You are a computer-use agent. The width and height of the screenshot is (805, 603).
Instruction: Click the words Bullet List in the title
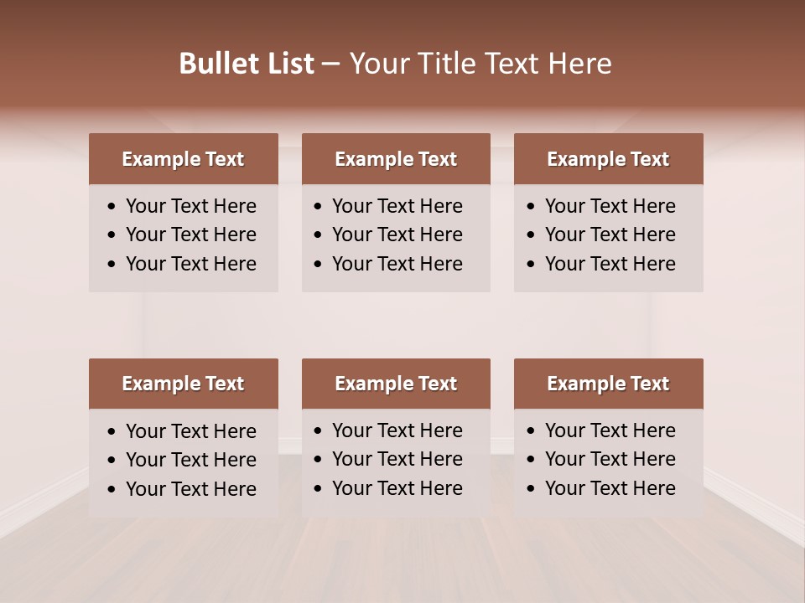point(247,64)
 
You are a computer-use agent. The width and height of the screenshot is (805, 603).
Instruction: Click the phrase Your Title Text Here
point(480,64)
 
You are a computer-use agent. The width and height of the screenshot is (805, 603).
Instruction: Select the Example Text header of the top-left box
point(183,159)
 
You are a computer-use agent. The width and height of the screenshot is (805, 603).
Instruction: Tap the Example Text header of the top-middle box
point(396,159)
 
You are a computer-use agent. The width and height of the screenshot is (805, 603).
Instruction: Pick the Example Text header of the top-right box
point(608,159)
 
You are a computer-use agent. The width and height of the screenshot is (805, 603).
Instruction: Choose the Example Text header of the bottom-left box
point(183,384)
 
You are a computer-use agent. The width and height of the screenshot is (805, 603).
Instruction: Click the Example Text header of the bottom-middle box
point(396,384)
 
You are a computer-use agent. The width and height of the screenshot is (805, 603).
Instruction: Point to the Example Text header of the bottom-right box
point(608,384)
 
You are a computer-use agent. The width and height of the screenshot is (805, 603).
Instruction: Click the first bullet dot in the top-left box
point(112,207)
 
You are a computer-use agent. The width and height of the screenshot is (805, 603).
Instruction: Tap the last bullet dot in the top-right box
point(532,265)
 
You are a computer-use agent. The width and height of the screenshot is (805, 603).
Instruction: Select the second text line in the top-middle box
point(397,234)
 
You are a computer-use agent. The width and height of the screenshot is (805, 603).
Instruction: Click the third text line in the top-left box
point(190,264)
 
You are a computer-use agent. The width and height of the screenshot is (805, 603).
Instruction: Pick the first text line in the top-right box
point(610,206)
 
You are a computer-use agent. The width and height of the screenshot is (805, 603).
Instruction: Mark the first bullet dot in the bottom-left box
point(112,432)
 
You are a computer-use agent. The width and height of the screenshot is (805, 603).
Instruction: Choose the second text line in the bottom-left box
point(190,460)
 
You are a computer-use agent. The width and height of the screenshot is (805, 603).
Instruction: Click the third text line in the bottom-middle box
point(397,488)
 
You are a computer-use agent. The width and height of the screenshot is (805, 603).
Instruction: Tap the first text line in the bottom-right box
point(610,430)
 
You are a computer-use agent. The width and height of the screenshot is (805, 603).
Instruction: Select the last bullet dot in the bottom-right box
point(532,489)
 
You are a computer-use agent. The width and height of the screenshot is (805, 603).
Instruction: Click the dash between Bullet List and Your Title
point(331,64)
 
